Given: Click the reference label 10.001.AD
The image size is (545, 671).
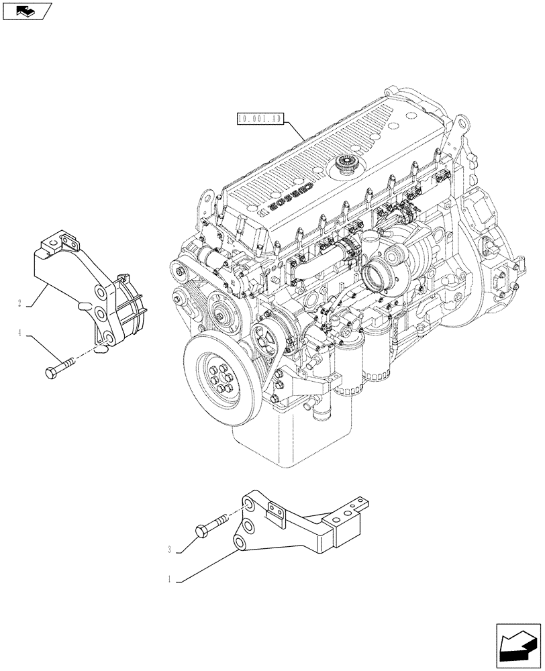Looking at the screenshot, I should [261, 120].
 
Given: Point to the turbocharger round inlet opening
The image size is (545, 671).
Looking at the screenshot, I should [373, 275].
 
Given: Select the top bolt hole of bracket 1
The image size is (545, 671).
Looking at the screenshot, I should [248, 505].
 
